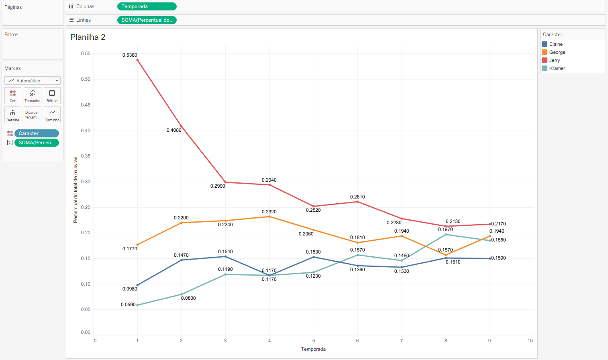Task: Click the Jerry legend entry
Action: click(x=554, y=60)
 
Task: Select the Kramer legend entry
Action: click(x=557, y=68)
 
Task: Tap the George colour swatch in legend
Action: click(x=545, y=52)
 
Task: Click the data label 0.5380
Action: click(x=130, y=55)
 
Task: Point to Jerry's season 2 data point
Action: click(x=182, y=127)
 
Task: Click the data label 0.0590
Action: click(x=128, y=305)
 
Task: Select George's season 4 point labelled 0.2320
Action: click(x=269, y=217)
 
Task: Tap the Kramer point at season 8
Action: click(x=446, y=234)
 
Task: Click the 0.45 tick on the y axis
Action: click(x=86, y=105)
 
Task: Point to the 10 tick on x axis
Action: click(x=530, y=341)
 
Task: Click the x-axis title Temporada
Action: click(x=313, y=349)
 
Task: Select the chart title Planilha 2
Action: click(x=88, y=37)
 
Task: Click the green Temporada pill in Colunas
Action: click(x=147, y=6)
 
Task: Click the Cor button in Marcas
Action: click(x=13, y=96)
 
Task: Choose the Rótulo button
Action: click(x=52, y=96)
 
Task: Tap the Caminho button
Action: click(x=52, y=115)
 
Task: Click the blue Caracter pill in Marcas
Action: click(x=37, y=133)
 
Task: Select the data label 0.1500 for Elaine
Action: click(x=498, y=258)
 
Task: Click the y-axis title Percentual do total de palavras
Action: click(x=75, y=190)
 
